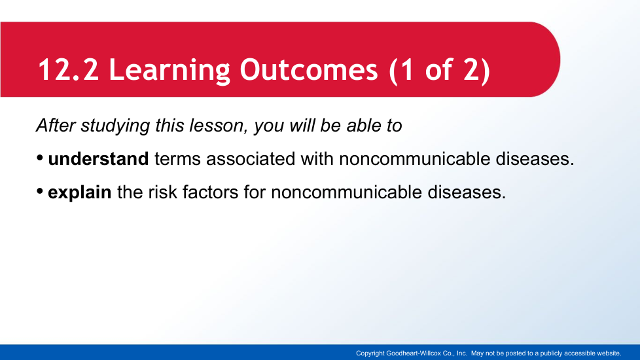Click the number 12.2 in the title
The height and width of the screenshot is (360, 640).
(x=68, y=70)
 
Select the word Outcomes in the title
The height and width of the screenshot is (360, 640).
(x=309, y=70)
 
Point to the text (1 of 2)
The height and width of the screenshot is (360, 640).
(x=439, y=71)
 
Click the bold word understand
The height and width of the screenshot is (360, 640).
(x=98, y=159)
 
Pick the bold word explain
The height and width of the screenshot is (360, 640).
(x=80, y=193)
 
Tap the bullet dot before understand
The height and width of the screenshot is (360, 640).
(x=40, y=158)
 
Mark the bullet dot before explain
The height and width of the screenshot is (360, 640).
(x=40, y=191)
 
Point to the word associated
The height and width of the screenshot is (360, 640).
(x=251, y=159)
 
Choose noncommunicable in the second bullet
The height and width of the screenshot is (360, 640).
(x=346, y=192)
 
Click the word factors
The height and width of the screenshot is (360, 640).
(x=210, y=192)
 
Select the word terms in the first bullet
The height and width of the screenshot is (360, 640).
(x=177, y=159)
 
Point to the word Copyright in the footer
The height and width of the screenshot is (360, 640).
(x=370, y=353)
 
